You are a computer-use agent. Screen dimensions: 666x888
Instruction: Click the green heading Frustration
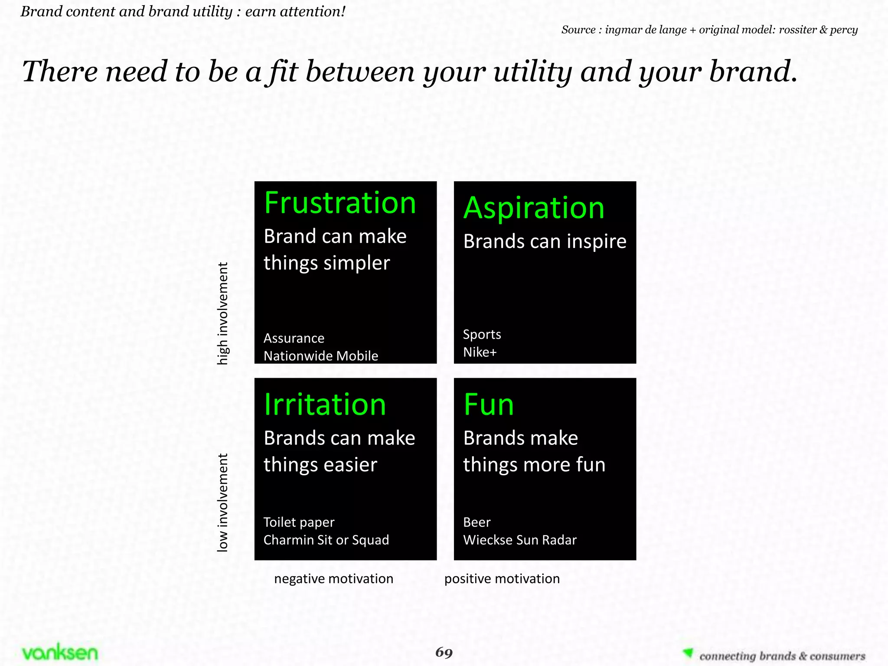[x=340, y=203]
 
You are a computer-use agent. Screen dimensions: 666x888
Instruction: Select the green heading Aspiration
[x=534, y=208]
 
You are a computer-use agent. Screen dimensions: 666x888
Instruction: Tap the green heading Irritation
[x=325, y=405]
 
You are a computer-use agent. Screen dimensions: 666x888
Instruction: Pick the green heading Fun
[x=489, y=405]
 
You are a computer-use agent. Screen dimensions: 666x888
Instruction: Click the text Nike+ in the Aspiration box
[x=480, y=352]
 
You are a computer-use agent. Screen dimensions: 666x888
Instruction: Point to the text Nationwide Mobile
[x=321, y=356]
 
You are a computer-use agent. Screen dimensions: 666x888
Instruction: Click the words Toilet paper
[x=299, y=522]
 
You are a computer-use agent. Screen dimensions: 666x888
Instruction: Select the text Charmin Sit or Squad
[x=326, y=540]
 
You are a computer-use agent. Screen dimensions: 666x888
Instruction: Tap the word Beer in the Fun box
[x=477, y=522]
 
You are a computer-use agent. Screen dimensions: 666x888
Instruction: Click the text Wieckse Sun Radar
[x=520, y=540]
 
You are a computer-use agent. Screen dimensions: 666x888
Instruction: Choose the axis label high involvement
[x=222, y=313]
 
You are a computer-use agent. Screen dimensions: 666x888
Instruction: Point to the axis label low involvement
[x=222, y=502]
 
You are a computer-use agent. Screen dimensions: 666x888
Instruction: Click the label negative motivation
[x=333, y=579]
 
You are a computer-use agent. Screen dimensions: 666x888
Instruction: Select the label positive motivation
[x=502, y=579]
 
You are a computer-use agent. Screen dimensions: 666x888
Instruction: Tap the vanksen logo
[x=60, y=653]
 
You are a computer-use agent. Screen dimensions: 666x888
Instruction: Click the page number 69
[x=444, y=652]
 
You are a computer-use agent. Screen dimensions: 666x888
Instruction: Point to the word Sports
[x=482, y=334]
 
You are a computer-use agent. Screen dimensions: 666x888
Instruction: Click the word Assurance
[x=294, y=338]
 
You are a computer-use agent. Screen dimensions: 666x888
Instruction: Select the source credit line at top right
[x=709, y=30]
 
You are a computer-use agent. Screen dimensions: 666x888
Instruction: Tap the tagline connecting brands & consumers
[x=782, y=656]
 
